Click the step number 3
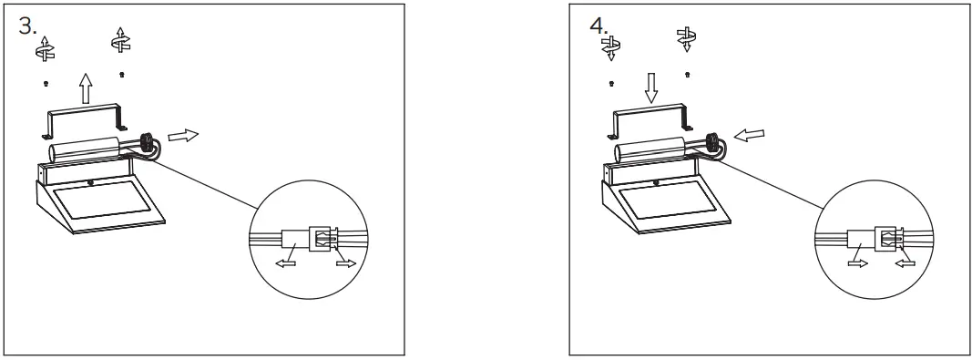(27, 25)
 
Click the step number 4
(599, 25)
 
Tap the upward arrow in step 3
(85, 88)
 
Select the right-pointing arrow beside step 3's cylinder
(182, 136)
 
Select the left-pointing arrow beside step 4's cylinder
(749, 136)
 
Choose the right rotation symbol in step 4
(686, 37)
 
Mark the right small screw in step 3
(121, 74)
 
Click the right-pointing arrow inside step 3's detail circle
(345, 263)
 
